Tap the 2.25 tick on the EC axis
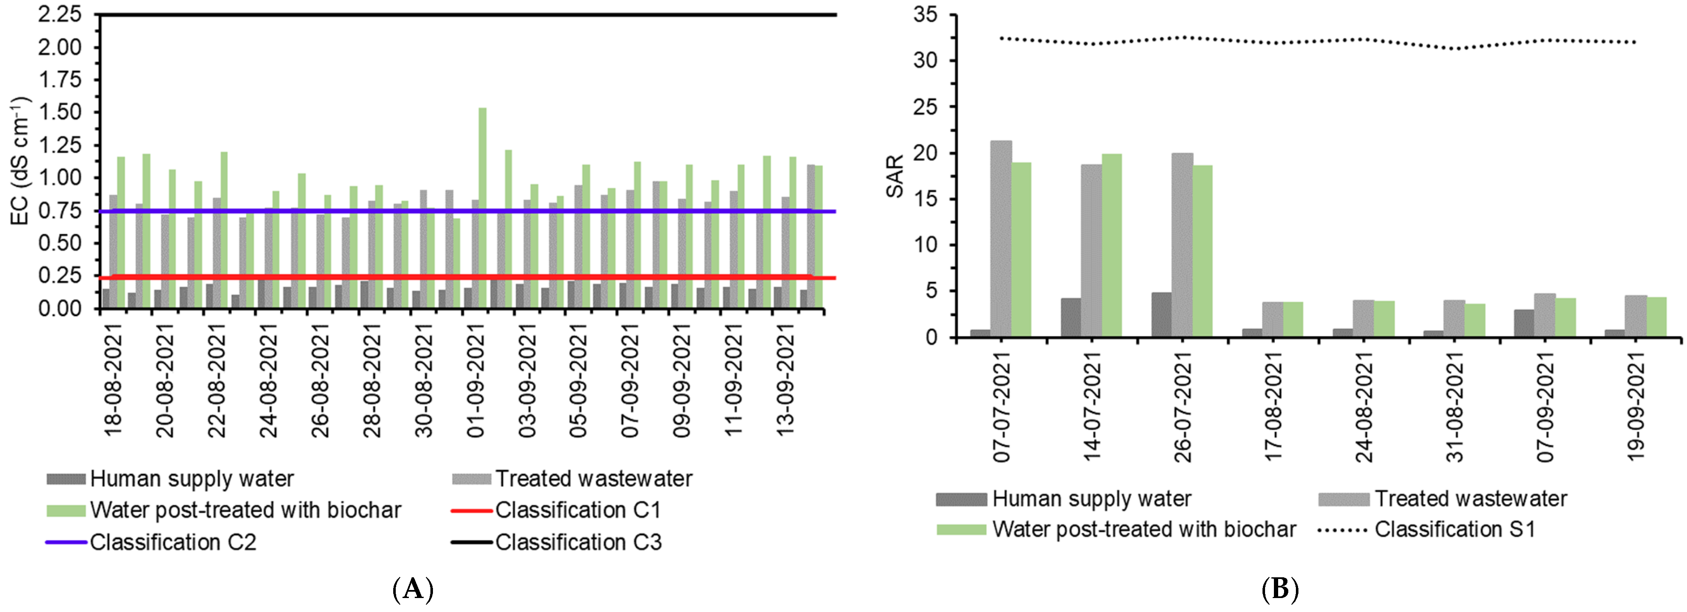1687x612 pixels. click(60, 14)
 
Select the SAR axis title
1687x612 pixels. click(895, 176)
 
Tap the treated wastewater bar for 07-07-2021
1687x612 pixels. click(1001, 239)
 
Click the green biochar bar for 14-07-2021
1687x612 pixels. click(1112, 246)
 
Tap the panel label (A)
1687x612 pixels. click(413, 590)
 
